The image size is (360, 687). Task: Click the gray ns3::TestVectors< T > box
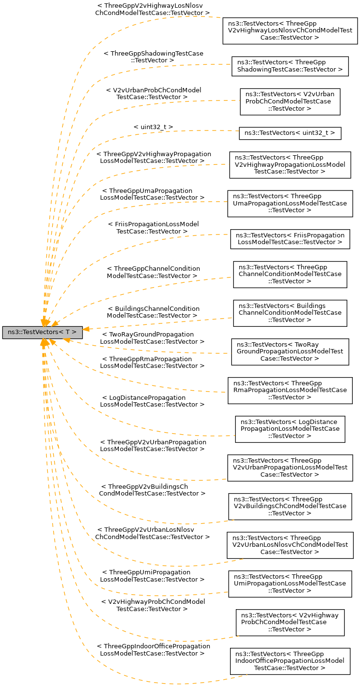(43, 332)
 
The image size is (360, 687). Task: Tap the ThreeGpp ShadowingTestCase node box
(290, 66)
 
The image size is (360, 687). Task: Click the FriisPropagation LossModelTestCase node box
(290, 238)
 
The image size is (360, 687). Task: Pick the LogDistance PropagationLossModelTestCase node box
(290, 429)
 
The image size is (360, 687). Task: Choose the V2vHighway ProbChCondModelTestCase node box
(290, 622)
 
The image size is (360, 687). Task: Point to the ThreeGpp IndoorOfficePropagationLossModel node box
(290, 661)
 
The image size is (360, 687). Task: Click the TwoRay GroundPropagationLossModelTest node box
(290, 351)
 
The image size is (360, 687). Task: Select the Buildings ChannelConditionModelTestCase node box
(290, 313)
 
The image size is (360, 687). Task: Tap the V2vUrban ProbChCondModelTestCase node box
(290, 101)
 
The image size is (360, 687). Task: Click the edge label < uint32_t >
(153, 127)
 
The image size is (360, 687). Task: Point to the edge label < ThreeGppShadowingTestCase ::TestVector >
(153, 57)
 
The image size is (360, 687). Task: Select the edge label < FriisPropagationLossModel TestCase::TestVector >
(153, 228)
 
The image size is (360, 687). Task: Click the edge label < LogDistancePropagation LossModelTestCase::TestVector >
(152, 401)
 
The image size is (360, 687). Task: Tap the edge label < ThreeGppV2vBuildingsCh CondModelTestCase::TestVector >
(152, 490)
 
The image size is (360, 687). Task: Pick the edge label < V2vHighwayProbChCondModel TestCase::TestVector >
(153, 605)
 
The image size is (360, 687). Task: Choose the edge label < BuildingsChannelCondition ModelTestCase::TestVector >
(153, 312)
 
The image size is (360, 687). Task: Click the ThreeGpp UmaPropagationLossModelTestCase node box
(290, 203)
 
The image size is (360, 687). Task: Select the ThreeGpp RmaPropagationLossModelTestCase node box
(290, 390)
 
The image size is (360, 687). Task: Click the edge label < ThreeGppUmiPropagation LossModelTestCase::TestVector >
(152, 575)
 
